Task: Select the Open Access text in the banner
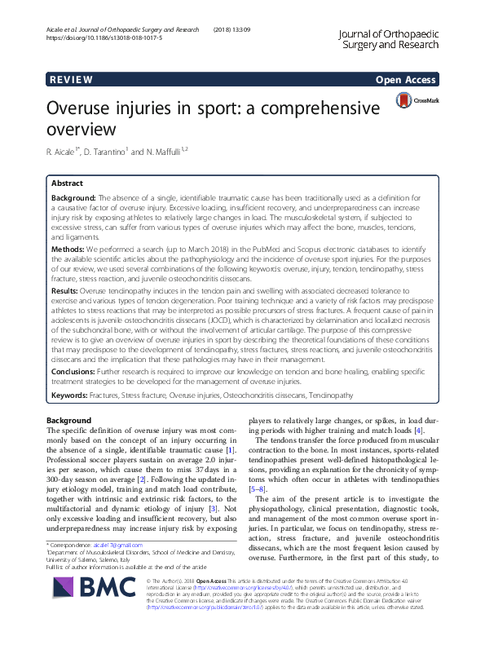[x=407, y=80]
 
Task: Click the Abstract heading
[x=67, y=184]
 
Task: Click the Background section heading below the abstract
[x=69, y=419]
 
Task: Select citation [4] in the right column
[x=418, y=431]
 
